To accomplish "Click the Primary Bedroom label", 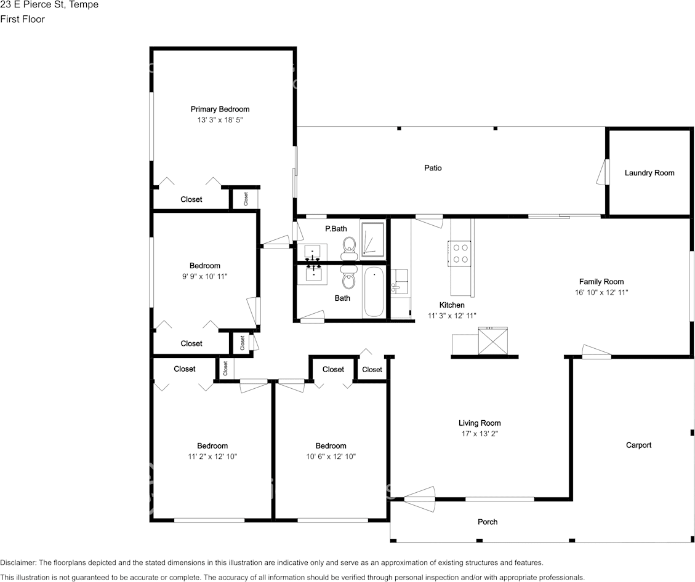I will (220, 110).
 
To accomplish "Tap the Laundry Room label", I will (649, 173).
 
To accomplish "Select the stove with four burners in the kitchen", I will (460, 252).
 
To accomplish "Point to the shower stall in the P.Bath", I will (372, 239).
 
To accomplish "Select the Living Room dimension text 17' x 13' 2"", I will (480, 434).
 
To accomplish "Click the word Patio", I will (433, 168).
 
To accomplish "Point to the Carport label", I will (638, 445).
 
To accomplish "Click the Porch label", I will (488, 522).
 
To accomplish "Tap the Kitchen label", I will (452, 305).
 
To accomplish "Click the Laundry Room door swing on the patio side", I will (602, 172).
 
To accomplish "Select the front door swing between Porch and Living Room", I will (420, 498).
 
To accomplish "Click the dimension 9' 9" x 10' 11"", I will (204, 277).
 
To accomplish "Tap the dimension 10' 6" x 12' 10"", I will (331, 456).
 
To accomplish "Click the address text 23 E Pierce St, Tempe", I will (49, 5).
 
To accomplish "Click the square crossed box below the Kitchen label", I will (492, 341).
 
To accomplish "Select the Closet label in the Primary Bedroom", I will (191, 199).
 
